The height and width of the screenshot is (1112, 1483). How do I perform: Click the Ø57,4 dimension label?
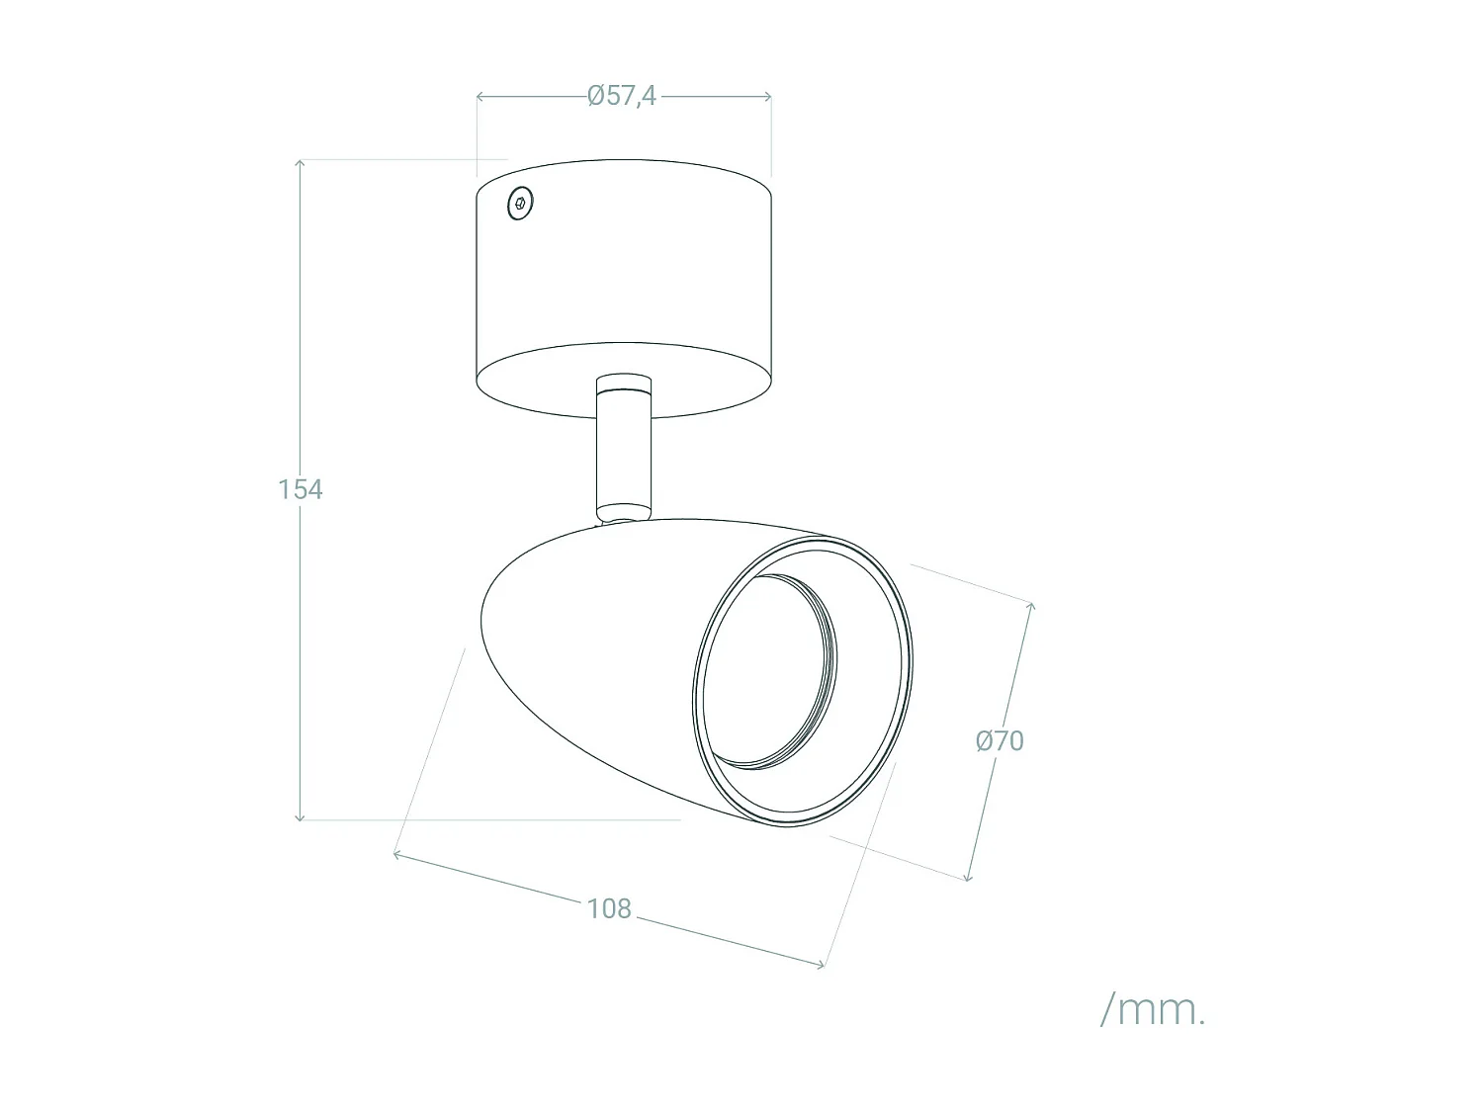click(x=622, y=96)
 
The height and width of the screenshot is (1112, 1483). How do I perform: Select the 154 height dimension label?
click(x=300, y=489)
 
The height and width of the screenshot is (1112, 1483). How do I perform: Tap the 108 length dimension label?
click(x=608, y=908)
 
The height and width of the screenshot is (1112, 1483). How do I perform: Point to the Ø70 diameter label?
click(x=1000, y=740)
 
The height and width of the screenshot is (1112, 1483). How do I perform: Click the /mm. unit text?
click(x=1153, y=1010)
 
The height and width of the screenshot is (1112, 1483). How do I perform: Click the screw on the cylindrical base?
click(x=520, y=205)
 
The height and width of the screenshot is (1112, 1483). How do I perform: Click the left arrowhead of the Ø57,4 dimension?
click(x=480, y=96)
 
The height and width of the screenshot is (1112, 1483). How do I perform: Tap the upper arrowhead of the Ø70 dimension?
click(x=1031, y=606)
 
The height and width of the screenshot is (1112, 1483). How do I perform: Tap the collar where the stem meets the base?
click(x=623, y=384)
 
